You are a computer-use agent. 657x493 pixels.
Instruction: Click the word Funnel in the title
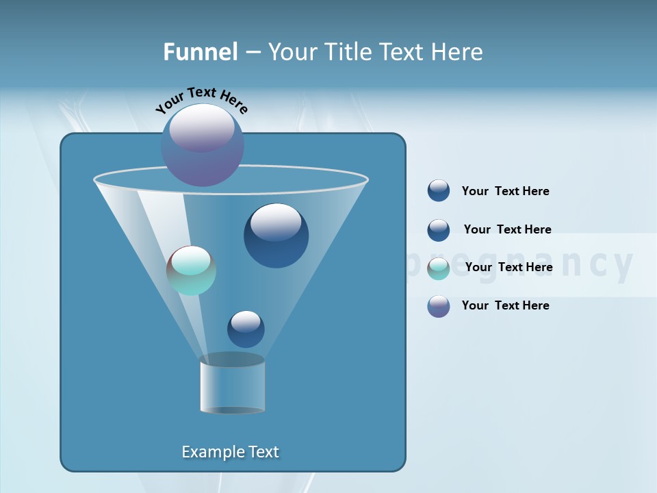[200, 52]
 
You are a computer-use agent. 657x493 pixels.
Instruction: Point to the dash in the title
[252, 53]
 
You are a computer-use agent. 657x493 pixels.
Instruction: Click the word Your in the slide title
[292, 52]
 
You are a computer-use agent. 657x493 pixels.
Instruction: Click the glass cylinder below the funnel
[232, 385]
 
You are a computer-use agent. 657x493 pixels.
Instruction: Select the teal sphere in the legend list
[439, 268]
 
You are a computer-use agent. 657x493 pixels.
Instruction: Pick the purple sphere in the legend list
[439, 306]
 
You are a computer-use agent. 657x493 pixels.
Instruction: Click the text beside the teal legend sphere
[508, 267]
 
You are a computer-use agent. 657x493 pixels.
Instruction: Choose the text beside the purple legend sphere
[505, 305]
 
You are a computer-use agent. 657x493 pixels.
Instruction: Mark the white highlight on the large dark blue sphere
[276, 222]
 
